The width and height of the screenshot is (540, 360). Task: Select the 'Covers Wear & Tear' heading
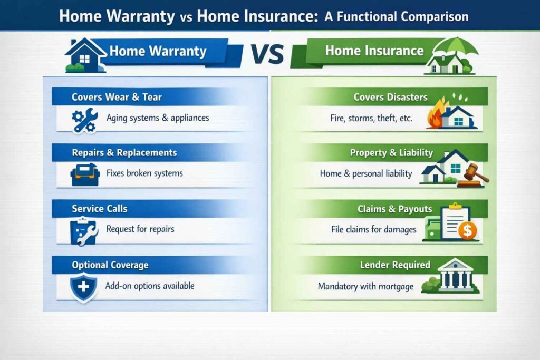tap(117, 97)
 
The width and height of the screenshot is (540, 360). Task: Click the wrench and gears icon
tap(83, 119)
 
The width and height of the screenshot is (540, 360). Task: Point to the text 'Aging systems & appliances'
tap(158, 118)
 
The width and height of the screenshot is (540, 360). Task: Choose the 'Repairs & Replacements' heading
tap(124, 153)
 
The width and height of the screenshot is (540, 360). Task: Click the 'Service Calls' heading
tap(99, 209)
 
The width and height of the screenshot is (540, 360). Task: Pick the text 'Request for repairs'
tap(140, 229)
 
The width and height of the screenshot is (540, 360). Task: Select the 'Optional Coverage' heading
tap(110, 265)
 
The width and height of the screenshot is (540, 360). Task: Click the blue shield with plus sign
tap(82, 287)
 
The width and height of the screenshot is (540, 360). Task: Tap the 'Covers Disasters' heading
tap(390, 98)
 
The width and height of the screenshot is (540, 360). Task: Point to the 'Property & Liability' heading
tap(391, 153)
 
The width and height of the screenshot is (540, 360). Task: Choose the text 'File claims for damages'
tap(373, 229)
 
